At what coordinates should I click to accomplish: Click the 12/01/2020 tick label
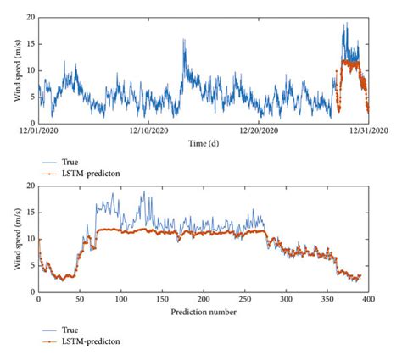(38, 131)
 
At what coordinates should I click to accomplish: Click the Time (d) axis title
(204, 143)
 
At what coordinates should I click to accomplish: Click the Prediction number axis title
(204, 312)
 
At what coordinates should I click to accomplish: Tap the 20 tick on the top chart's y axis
(31, 17)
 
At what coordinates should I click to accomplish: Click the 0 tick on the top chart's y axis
(32, 122)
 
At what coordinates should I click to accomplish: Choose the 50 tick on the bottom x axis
(80, 301)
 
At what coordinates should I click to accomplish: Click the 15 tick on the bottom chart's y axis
(31, 213)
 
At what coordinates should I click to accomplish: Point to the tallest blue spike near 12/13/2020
(183, 39)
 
